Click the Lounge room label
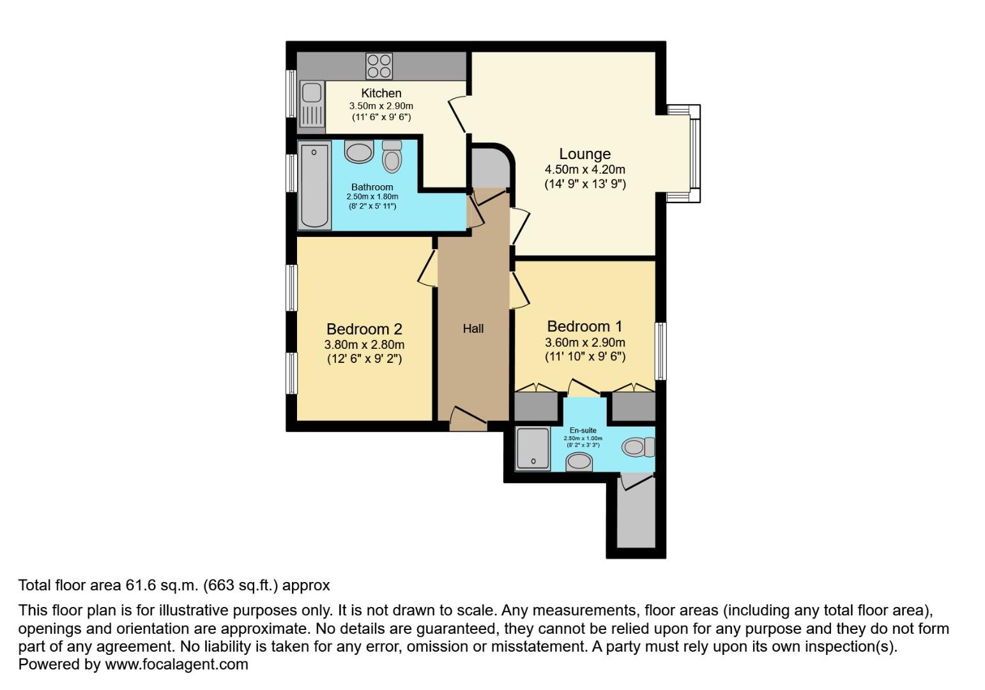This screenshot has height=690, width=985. [584, 154]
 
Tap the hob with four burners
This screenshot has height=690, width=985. [379, 66]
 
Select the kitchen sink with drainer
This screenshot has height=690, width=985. [312, 106]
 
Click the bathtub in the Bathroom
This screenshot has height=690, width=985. [314, 185]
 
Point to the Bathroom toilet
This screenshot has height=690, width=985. [392, 157]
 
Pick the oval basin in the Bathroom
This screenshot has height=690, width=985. [358, 153]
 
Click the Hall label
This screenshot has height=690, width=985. [473, 328]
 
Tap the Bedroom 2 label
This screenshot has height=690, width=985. [364, 329]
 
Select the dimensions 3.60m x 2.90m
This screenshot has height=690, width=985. [584, 343]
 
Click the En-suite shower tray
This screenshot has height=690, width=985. [533, 448]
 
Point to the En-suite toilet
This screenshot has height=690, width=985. [638, 447]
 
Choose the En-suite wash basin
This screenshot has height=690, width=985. [579, 461]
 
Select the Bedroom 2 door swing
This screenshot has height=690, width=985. [427, 268]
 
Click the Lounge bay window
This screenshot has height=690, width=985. [694, 153]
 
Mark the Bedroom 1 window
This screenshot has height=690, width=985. [661, 351]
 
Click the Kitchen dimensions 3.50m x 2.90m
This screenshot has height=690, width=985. [381, 106]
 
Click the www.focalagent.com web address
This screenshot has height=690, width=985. [176, 664]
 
